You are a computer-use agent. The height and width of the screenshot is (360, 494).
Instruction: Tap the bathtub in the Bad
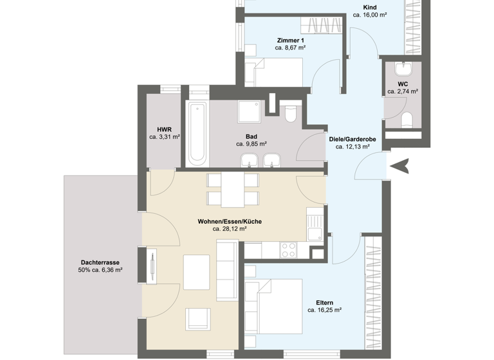tap(197, 132)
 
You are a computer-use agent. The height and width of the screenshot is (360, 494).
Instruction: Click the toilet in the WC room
tap(406, 120)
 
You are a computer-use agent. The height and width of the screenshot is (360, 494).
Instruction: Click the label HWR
tap(165, 129)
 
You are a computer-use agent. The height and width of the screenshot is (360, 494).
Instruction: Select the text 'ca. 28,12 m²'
tap(230, 228)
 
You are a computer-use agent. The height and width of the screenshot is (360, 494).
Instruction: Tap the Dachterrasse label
tap(100, 262)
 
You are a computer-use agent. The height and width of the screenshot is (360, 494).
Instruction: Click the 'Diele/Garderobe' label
tap(352, 138)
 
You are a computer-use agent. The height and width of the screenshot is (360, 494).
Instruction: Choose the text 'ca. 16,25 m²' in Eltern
tap(324, 309)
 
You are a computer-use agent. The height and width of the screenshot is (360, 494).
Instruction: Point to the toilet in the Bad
tap(290, 114)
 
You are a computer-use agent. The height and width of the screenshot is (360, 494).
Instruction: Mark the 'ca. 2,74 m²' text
tap(403, 92)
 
